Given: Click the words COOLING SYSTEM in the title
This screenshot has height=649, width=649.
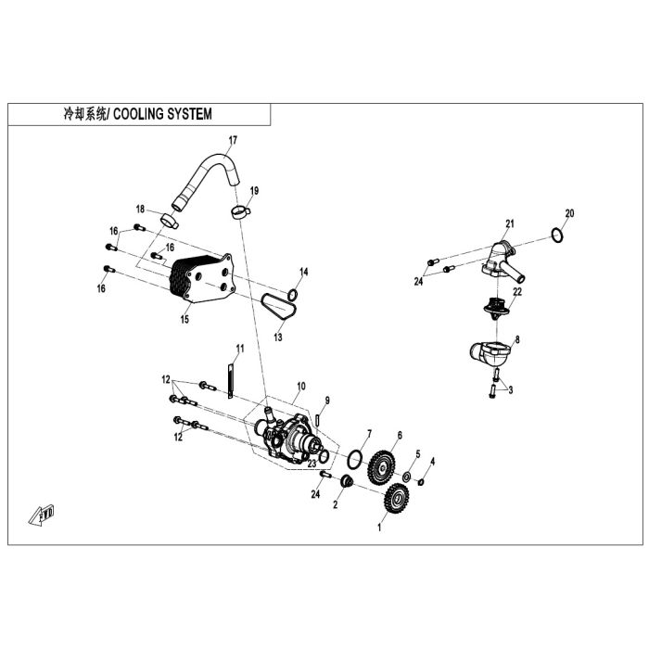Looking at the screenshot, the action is pos(162,114).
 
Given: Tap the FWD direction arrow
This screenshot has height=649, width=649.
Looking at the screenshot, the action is pos(42,515).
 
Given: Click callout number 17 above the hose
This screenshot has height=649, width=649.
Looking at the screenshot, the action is pos(233,140).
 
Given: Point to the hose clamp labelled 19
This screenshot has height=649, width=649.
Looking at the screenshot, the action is pos(240,212).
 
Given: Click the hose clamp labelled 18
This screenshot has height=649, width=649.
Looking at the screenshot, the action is pos(170,220).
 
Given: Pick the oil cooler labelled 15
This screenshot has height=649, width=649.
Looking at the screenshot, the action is pos(202,278).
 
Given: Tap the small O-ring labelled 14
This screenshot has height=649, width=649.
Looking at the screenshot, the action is pos(293,295).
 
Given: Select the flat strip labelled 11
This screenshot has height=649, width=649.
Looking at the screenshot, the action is pos(231,381).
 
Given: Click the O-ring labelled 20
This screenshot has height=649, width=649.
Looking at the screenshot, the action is pos(557,235).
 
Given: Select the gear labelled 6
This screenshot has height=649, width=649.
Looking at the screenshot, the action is pos(381,467).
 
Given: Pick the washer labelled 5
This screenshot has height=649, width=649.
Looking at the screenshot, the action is pos(406,477).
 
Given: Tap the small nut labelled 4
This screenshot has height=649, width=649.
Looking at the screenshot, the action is pos(421,482).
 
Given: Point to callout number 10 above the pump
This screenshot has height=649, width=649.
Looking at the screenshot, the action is pos(301,387).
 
